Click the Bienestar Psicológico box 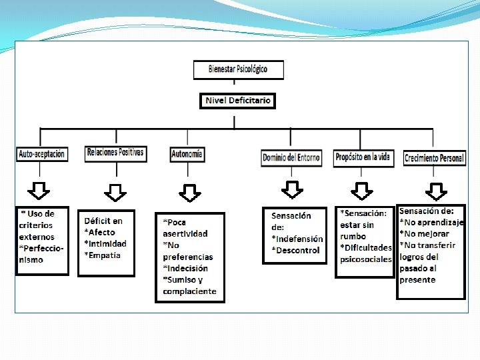tap(238, 69)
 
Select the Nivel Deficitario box tap(237, 101)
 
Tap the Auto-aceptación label tap(41, 154)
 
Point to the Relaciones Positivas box tap(115, 153)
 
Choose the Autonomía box tap(187, 154)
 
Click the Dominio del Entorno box tap(291, 158)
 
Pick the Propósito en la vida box tap(363, 157)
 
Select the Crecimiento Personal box tap(433, 158)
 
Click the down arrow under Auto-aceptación tap(41, 191)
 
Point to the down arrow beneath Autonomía tap(190, 193)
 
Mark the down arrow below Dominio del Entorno tap(292, 190)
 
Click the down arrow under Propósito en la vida tap(362, 191)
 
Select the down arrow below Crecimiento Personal tap(437, 191)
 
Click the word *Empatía tap(103, 255)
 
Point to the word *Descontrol tap(295, 250)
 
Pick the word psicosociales tap(366, 259)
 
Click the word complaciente tap(189, 291)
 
